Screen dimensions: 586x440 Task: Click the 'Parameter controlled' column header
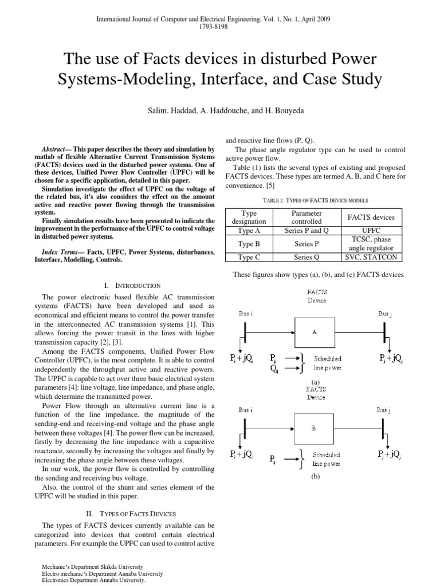tap(307, 217)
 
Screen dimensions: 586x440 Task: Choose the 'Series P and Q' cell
tap(307, 231)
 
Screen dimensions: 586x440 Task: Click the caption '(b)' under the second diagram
tap(315, 477)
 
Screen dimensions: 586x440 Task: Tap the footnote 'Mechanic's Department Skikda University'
tap(95, 567)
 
